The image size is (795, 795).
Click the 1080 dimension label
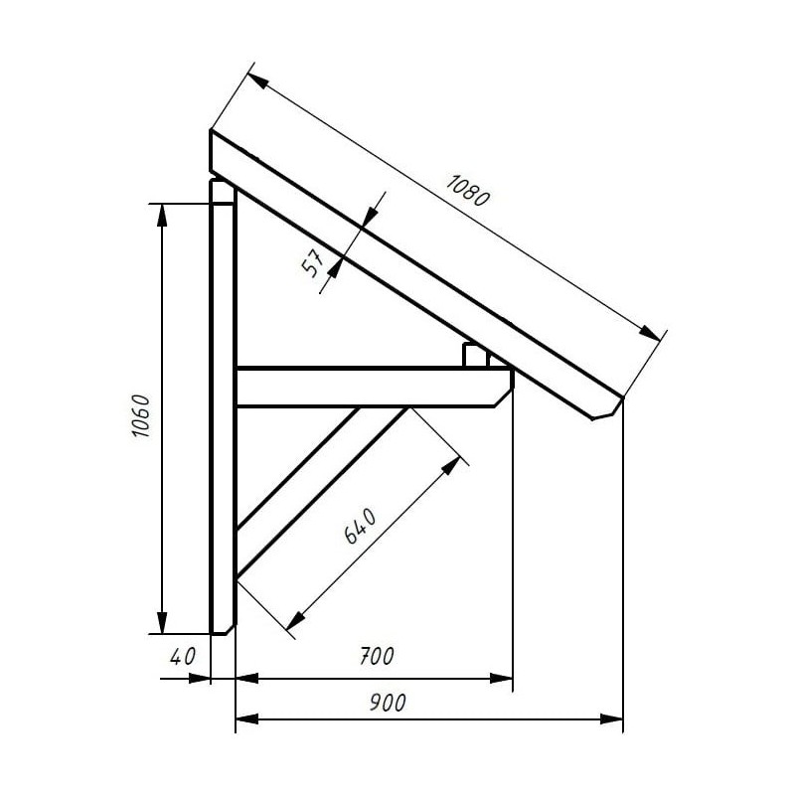(x=467, y=191)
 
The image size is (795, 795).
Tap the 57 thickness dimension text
(x=313, y=263)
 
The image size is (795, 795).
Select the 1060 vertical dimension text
(x=140, y=415)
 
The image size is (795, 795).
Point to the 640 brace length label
(x=360, y=526)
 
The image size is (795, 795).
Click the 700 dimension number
(x=377, y=656)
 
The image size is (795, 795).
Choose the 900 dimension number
(x=388, y=703)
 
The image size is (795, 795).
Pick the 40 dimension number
(x=182, y=657)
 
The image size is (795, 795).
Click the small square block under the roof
(x=475, y=355)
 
